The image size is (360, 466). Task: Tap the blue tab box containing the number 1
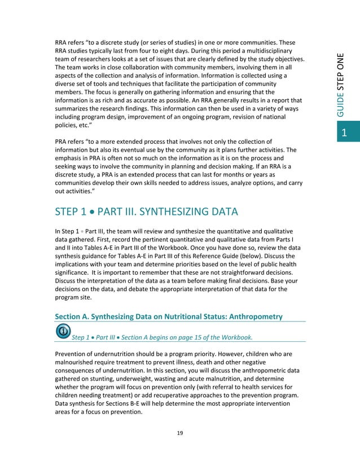coord(346,133)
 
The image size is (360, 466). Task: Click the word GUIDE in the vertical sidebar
coord(345,107)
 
